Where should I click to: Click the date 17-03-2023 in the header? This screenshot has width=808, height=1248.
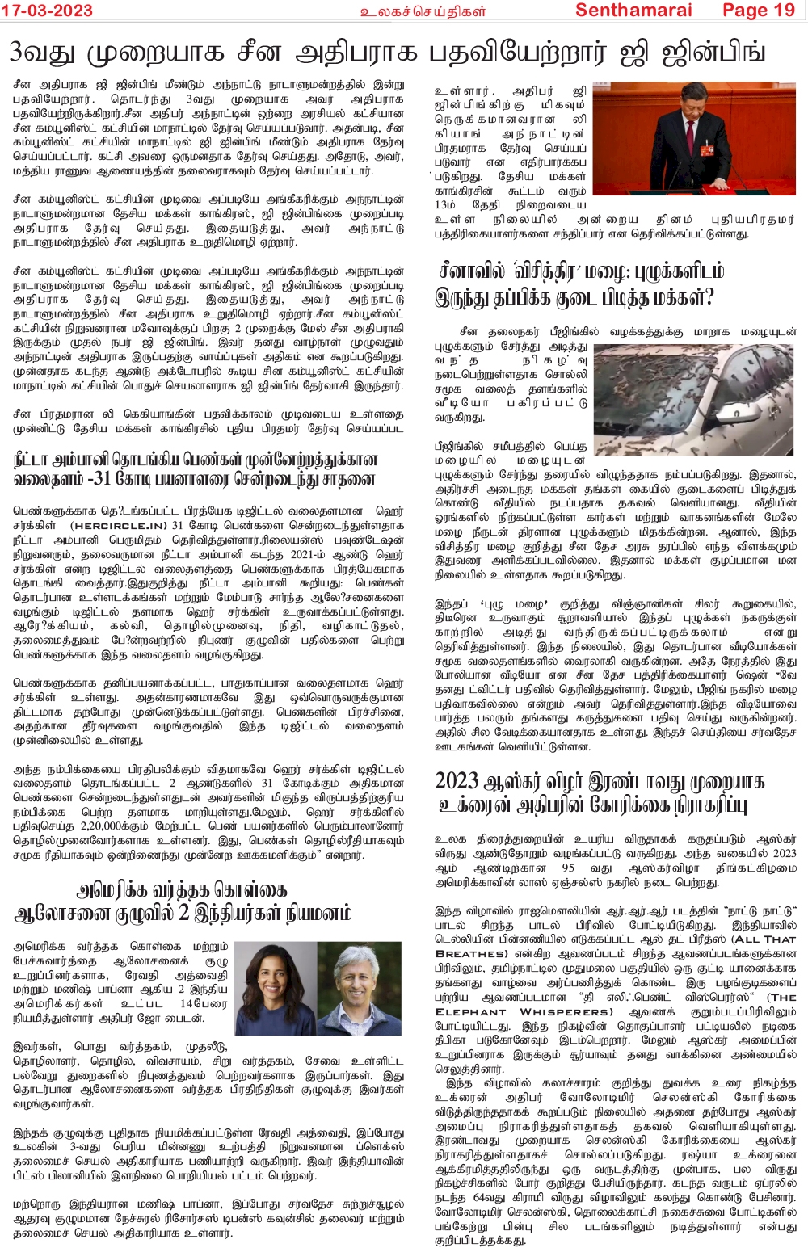pos(47,10)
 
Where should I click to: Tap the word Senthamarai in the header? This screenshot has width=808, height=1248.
pos(633,10)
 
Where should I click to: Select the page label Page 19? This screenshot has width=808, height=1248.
pos(759,10)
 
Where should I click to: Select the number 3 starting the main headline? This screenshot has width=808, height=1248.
pos(16,53)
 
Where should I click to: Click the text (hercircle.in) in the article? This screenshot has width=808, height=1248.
pos(119,525)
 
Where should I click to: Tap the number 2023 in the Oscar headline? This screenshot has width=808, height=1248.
pos(457,781)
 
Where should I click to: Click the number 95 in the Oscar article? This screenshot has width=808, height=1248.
pos(567,868)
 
